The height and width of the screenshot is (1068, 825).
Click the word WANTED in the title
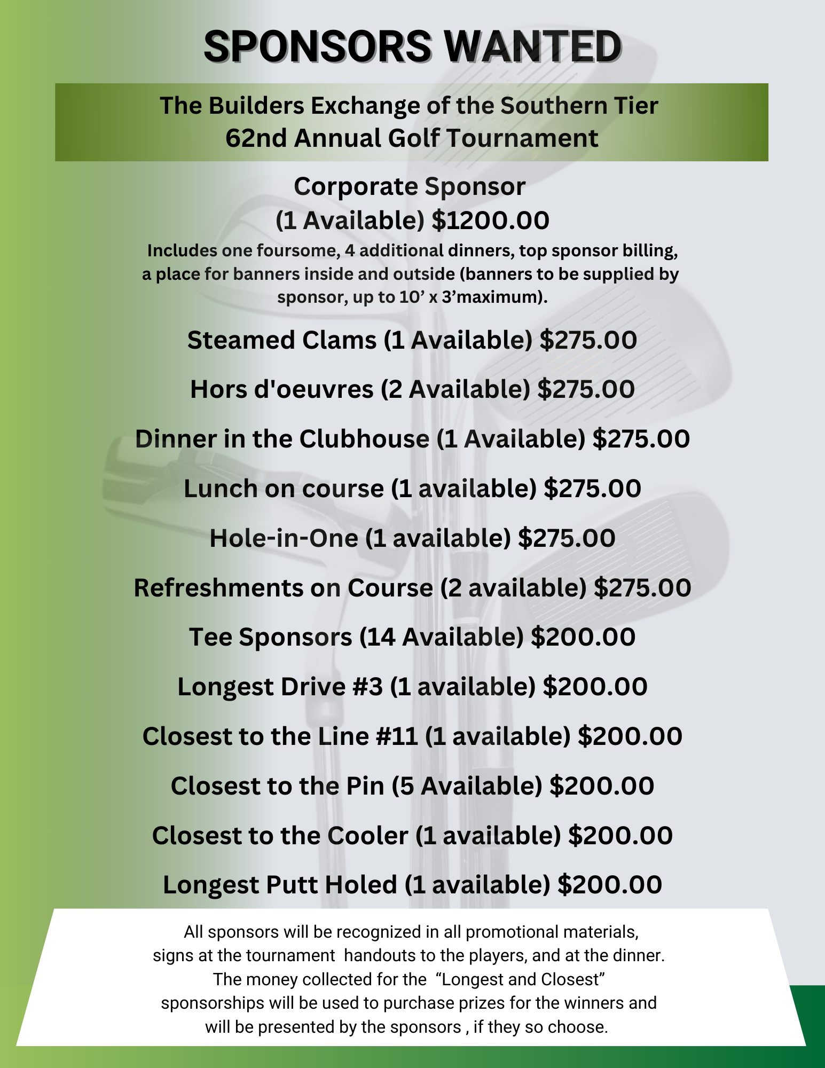coord(533,47)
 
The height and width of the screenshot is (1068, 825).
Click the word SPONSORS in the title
coord(318,47)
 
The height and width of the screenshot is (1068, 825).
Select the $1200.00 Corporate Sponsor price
coord(490,221)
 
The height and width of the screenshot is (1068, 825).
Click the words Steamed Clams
coord(282,340)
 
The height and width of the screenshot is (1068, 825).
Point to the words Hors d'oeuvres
coord(281,389)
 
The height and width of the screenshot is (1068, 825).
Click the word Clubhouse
coord(364,439)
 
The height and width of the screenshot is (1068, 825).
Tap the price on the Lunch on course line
coord(592,489)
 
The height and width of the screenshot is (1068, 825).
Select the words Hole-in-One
coord(284,538)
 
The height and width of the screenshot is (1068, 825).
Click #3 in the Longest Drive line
coord(368,687)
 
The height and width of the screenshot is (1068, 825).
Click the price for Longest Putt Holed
coord(609,885)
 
